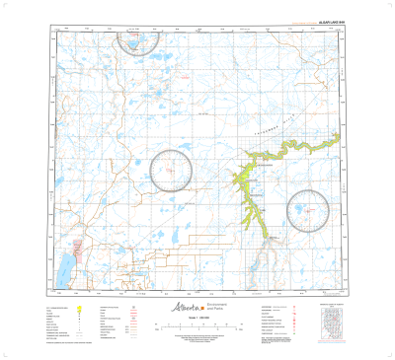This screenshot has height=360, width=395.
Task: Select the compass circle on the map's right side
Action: click(308, 209)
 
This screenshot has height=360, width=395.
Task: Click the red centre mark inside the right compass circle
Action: click(308, 209)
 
